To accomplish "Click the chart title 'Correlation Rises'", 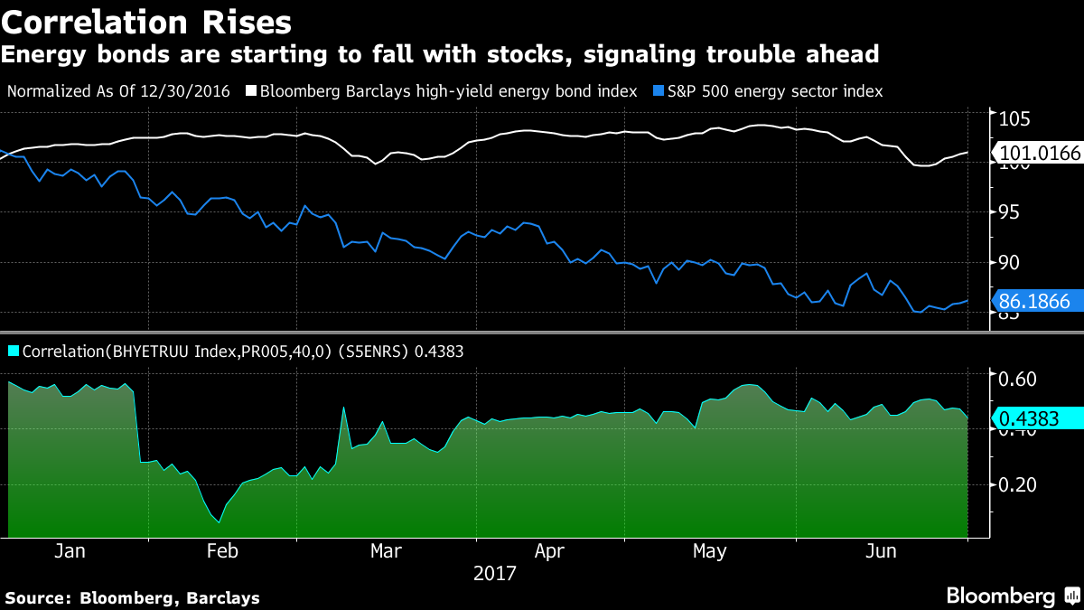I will point(146,20).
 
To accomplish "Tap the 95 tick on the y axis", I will point(1008,211).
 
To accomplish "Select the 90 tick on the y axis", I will point(1008,262).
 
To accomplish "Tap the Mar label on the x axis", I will point(387,551).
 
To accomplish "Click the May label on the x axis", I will point(709,551).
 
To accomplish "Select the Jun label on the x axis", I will point(881,551).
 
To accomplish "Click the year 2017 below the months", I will point(494,574).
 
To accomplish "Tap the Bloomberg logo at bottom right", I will point(1012,596).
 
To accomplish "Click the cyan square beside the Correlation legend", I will point(13,351).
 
